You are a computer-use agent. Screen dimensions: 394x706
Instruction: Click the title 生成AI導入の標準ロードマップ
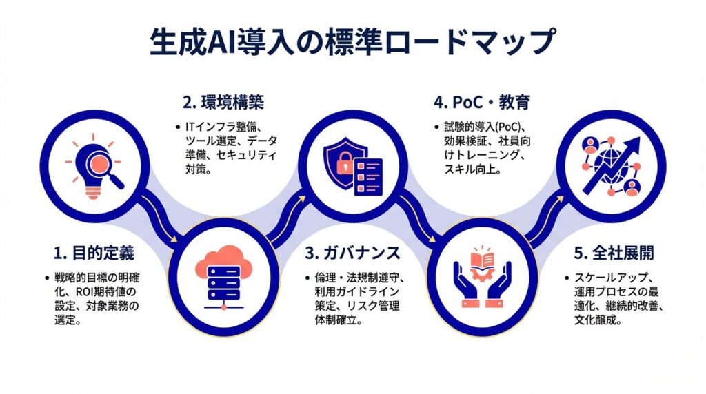pos(352,43)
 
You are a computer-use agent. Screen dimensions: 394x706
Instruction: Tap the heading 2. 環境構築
pos(223,103)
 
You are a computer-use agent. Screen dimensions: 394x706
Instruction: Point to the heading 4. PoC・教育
pos(482,103)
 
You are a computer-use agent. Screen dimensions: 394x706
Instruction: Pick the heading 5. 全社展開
pos(614,253)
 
